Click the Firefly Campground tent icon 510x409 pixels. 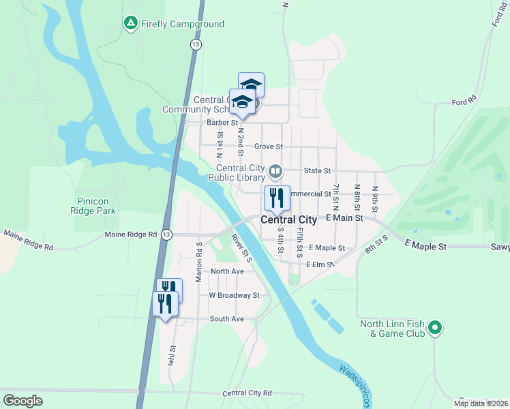[130, 24]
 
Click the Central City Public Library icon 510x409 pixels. [275, 170]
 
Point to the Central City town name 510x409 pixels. [289, 219]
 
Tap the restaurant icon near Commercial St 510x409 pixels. [277, 198]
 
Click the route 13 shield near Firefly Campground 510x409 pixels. [196, 44]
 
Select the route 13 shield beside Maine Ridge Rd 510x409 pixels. [166, 234]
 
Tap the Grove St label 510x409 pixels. [268, 147]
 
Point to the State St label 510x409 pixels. [317, 170]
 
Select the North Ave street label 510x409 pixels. [227, 271]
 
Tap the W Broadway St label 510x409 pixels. [234, 295]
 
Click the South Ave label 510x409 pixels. [227, 318]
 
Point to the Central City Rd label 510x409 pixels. [247, 393]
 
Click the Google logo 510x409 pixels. [23, 401]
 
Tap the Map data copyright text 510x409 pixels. [481, 404]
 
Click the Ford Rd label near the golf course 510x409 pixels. [464, 102]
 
